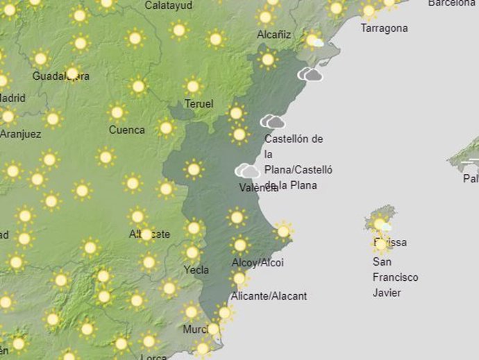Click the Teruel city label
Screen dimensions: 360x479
199,104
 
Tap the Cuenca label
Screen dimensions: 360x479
127,130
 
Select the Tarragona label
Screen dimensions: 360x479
384,28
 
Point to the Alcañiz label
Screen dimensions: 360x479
274,34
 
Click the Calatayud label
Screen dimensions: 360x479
169,6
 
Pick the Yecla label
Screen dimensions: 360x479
196,270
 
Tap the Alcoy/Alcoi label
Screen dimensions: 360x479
258,263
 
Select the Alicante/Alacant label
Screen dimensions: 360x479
269,296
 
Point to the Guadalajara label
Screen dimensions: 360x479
61,76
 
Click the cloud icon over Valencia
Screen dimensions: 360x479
247,170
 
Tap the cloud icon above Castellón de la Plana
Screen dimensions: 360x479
273,122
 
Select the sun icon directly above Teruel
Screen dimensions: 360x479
193,87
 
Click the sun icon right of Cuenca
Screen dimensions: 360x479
166,128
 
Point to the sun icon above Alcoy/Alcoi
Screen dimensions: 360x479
239,245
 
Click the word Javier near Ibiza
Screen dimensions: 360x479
387,293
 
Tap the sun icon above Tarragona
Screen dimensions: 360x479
369,11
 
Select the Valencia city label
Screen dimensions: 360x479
258,187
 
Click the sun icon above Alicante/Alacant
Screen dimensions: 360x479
239,279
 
